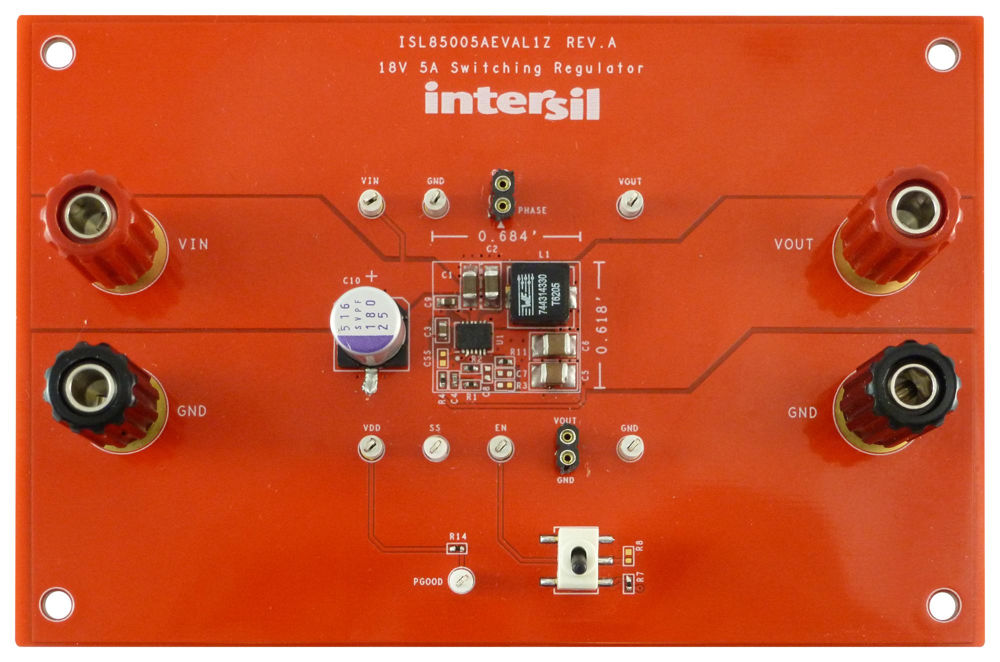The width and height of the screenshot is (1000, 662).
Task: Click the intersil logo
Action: click(x=512, y=101)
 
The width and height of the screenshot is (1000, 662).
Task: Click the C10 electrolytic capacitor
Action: click(x=367, y=325)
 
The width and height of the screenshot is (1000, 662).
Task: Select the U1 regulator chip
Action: click(x=473, y=338)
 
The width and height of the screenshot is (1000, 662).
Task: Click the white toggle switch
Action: click(x=577, y=559)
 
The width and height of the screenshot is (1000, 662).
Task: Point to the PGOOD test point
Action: click(x=461, y=580)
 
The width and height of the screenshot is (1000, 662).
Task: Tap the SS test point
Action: click(x=435, y=447)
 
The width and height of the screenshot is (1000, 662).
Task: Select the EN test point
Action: click(x=500, y=447)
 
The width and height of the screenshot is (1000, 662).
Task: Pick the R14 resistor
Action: click(x=457, y=548)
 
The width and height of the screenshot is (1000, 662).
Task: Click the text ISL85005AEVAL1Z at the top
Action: click(x=474, y=42)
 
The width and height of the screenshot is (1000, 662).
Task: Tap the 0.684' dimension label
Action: click(x=503, y=236)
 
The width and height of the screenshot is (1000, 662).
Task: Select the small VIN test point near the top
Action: click(x=371, y=203)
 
